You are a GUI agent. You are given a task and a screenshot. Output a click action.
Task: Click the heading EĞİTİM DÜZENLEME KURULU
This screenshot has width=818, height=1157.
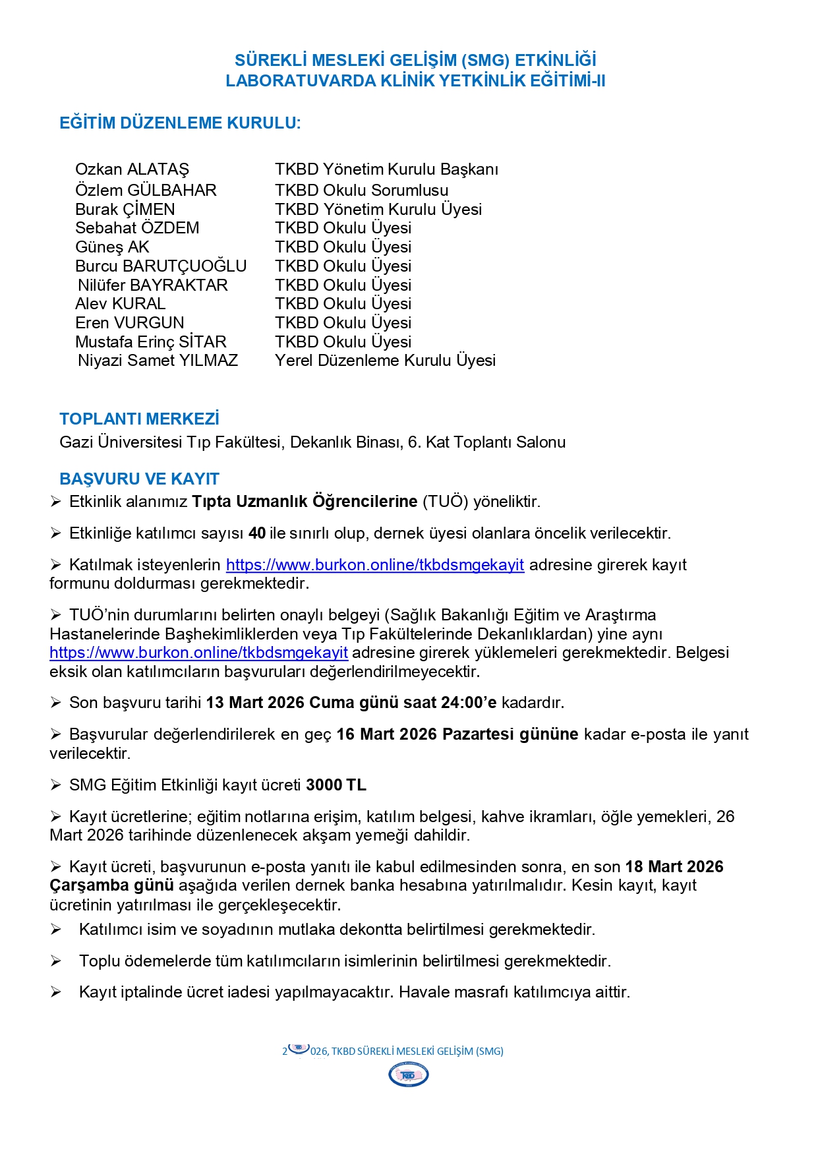[180, 123]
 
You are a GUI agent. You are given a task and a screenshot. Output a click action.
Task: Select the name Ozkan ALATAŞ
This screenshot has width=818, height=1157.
[132, 169]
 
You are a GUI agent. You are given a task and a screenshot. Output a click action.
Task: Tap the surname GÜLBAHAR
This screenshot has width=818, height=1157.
[171, 191]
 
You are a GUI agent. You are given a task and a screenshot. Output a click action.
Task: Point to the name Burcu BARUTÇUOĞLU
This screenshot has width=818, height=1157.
[161, 266]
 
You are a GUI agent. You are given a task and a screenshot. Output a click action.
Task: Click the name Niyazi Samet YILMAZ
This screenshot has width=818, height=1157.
[158, 361]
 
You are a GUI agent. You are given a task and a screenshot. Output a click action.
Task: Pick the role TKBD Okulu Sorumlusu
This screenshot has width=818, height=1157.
[361, 191]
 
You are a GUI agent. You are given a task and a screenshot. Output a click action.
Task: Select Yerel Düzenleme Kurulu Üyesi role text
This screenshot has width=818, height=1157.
[385, 361]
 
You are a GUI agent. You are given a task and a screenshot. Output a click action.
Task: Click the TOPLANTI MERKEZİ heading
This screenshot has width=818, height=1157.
[139, 419]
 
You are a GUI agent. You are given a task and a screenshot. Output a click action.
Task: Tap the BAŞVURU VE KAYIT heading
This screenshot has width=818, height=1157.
[139, 479]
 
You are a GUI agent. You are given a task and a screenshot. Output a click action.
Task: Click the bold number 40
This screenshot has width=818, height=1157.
[257, 533]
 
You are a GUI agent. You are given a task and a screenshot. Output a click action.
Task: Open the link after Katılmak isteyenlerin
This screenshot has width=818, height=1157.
[374, 565]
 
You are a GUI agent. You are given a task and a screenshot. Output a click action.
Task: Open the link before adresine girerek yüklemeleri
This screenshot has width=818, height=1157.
[198, 653]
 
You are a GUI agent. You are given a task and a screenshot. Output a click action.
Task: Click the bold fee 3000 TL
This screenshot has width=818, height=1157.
[336, 785]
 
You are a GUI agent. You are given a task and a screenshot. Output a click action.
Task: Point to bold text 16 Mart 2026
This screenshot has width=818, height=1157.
[387, 734]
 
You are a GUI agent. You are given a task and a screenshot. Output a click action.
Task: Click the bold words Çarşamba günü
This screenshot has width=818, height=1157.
[111, 885]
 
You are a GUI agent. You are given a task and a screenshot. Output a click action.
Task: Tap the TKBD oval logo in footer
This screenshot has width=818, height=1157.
[409, 1075]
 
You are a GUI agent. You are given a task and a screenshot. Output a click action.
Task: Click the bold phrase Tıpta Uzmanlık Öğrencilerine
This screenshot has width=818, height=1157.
[305, 502]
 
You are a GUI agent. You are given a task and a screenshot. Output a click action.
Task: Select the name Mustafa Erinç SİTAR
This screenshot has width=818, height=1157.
[150, 342]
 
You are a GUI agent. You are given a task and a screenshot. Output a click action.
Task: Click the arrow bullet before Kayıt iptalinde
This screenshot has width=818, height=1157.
[56, 992]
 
